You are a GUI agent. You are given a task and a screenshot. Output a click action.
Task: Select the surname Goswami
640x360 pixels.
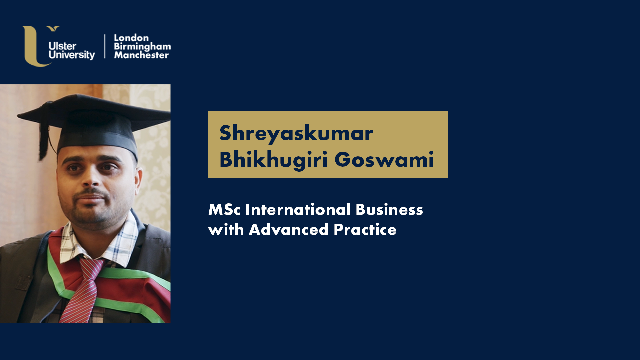click(384, 159)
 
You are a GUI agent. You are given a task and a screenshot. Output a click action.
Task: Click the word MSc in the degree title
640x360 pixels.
click(224, 210)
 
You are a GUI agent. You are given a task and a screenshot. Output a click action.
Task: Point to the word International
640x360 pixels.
click(298, 210)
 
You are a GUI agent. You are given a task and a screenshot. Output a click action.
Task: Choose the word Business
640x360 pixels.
click(389, 210)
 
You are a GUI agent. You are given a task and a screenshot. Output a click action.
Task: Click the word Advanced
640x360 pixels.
click(289, 230)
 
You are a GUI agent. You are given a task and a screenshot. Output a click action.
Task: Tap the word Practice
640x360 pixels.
click(365, 230)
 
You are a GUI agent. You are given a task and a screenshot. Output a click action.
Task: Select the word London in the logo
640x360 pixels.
click(131, 38)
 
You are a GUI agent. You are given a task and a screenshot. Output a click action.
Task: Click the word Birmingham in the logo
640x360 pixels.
click(142, 47)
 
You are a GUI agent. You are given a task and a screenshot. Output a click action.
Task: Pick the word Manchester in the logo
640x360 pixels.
click(141, 55)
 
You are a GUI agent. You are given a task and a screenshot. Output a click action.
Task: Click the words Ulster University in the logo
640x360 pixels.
click(72, 51)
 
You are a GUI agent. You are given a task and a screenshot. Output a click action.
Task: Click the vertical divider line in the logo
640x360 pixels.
click(105, 46)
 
